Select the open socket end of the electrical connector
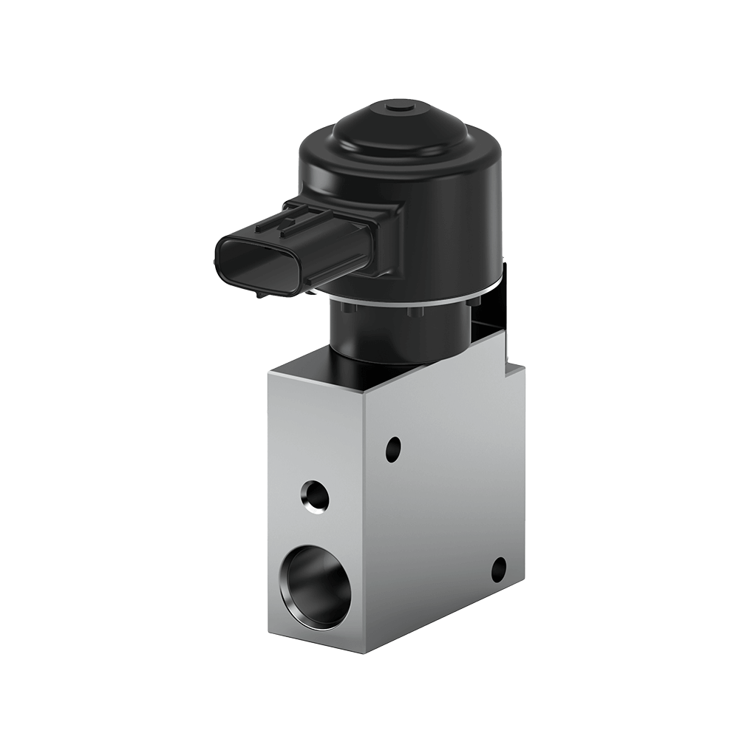click(x=248, y=259)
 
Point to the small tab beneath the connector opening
click(x=260, y=293)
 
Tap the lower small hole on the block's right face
click(x=499, y=568)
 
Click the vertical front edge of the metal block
click(x=367, y=517)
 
